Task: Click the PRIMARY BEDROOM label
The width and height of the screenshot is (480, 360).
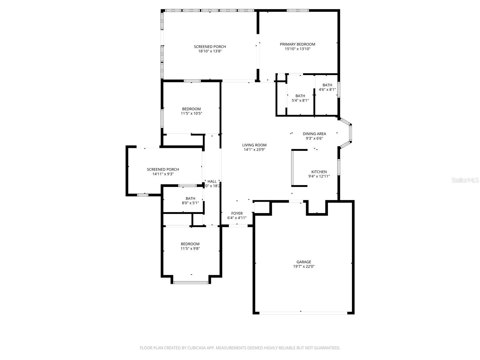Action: pos(297,44)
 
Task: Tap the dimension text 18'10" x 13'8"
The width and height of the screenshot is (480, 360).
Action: pos(210,51)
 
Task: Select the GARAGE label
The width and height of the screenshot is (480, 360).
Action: pos(304,262)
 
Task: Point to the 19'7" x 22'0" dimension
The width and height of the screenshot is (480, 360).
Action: pos(304,266)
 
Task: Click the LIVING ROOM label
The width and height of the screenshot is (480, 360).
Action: pos(254,145)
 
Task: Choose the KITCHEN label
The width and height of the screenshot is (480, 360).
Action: pos(319,172)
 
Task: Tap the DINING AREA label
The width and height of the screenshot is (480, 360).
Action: pos(314,134)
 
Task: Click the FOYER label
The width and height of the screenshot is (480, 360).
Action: pos(237,213)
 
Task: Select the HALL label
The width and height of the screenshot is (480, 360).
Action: pos(212,181)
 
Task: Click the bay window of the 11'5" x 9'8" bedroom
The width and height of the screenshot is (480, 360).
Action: pos(191,282)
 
